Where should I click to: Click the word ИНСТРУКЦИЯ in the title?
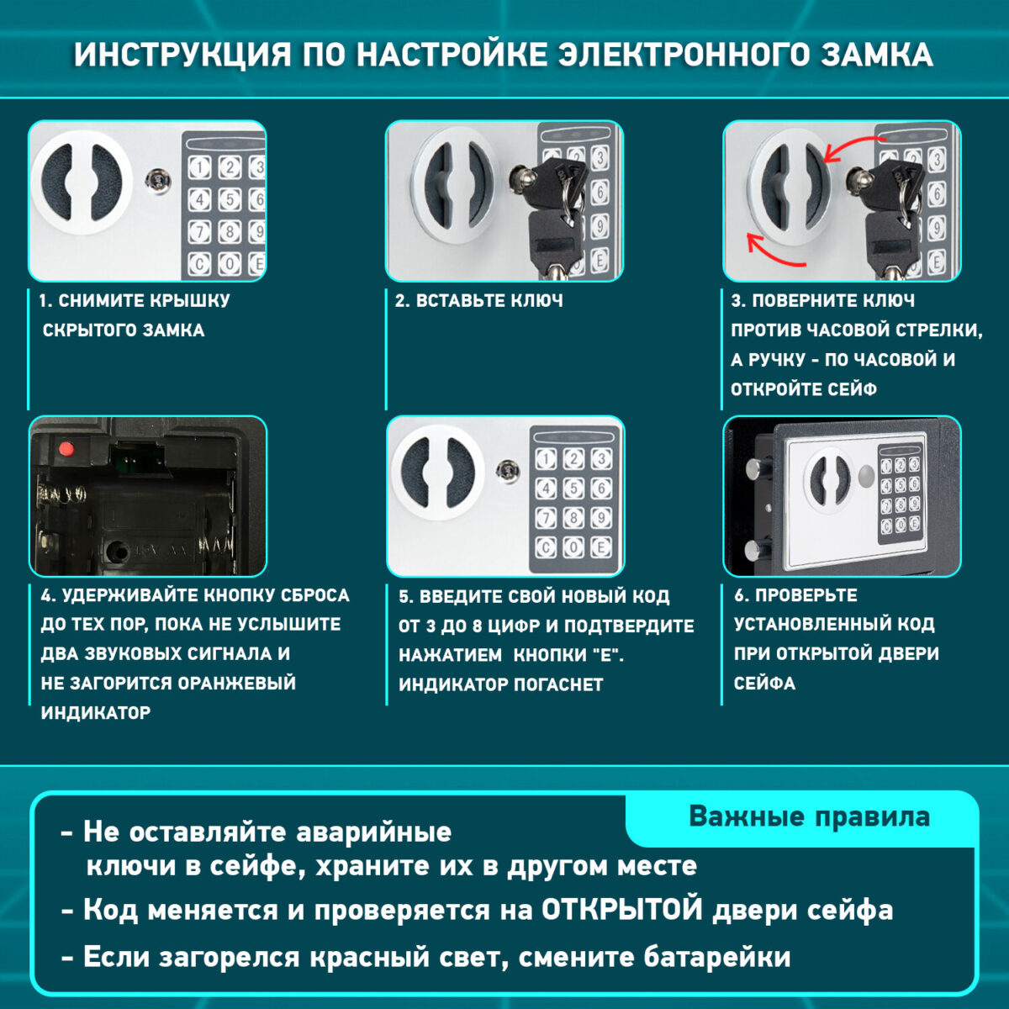click(182, 55)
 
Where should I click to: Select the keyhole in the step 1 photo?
click(156, 179)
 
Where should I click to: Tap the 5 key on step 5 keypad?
click(573, 489)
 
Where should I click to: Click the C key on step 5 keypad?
click(546, 548)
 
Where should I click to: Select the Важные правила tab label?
click(809, 817)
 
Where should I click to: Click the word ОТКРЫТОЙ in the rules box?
click(621, 911)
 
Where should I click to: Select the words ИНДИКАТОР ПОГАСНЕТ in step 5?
click(500, 684)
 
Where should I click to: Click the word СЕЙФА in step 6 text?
click(764, 683)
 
